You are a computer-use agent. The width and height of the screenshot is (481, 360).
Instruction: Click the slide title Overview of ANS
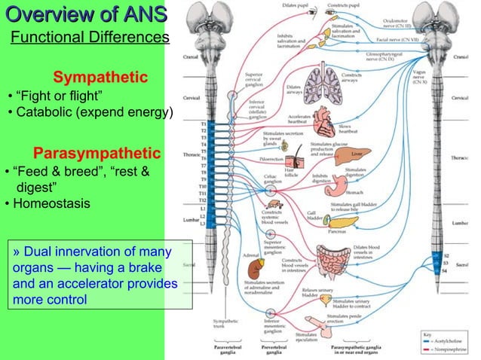84,14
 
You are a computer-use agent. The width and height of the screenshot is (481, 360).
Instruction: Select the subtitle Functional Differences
89,39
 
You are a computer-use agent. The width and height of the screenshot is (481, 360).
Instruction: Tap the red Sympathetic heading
100,78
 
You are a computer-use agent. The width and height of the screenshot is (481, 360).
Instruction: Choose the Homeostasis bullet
48,204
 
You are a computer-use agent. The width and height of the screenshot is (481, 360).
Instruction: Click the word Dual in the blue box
35,252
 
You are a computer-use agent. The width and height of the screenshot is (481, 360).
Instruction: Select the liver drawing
361,156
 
